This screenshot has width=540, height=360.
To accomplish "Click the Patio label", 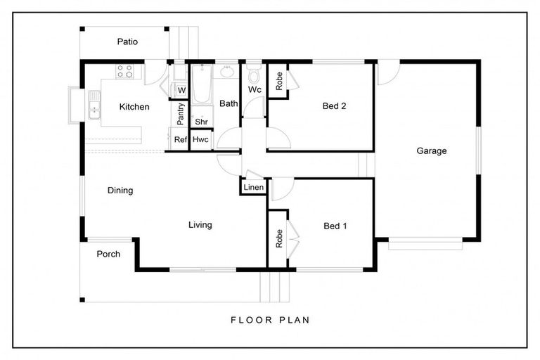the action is [x=127, y=41].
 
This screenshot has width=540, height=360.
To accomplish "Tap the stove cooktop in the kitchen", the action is [x=124, y=71].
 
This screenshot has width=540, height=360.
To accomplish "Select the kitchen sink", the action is [x=94, y=105].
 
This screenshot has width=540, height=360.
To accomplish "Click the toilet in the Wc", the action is [x=254, y=75].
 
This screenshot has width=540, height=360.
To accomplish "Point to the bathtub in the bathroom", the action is [x=202, y=84].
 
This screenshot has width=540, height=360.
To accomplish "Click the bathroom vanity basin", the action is [x=226, y=72].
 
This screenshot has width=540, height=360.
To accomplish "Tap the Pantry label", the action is [x=181, y=114].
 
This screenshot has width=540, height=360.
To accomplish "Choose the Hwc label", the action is [x=200, y=139].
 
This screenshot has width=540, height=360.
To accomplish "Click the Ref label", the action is [x=181, y=139].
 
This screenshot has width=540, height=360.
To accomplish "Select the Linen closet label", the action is [x=253, y=188].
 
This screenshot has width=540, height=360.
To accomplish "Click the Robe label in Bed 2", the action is [x=279, y=81].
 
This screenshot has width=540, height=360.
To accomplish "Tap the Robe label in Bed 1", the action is [x=279, y=238].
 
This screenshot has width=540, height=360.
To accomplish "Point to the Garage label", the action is [x=432, y=150].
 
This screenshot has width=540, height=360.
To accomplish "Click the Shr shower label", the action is [x=201, y=122].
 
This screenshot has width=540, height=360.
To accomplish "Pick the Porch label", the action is [x=108, y=254].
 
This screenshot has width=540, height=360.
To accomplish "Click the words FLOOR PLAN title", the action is [x=270, y=320].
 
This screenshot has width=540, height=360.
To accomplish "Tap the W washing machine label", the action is [x=181, y=90].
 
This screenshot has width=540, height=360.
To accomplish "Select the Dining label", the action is [x=120, y=190].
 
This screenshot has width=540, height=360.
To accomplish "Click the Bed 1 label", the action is [x=335, y=226].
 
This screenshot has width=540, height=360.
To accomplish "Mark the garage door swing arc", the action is [x=393, y=77].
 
